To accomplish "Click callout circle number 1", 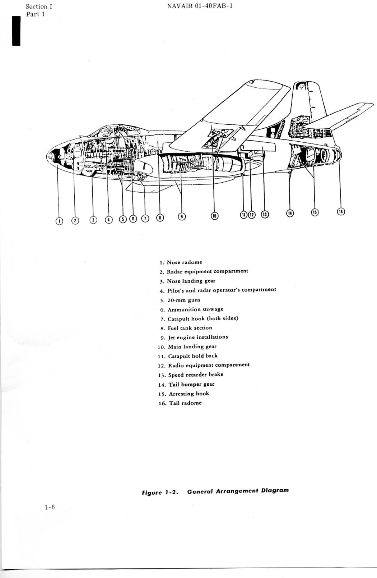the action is tap(59, 221).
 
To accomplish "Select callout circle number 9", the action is tap(182, 216).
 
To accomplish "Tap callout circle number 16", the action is tap(341, 212).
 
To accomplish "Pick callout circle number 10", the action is tap(214, 216).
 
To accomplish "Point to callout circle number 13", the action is tap(265, 215).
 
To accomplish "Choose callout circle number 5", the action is tap(123, 219).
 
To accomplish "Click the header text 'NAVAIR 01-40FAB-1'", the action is tap(200, 6).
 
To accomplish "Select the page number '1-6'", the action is tap(50, 507).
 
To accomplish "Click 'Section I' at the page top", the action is tap(39, 6).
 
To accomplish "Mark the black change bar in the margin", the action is tap(16, 31).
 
